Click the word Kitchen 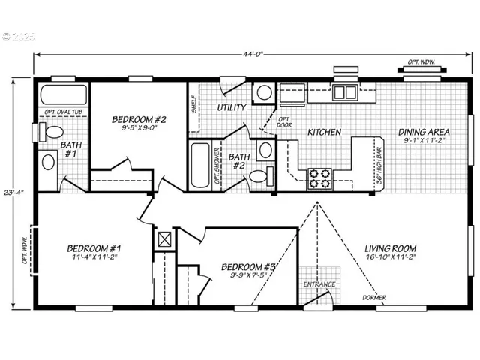tap(325, 133)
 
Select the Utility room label tap(232, 108)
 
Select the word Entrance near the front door tap(318, 284)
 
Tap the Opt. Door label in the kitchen tap(284, 122)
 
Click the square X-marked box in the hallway tap(165, 240)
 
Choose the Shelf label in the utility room tap(193, 102)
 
